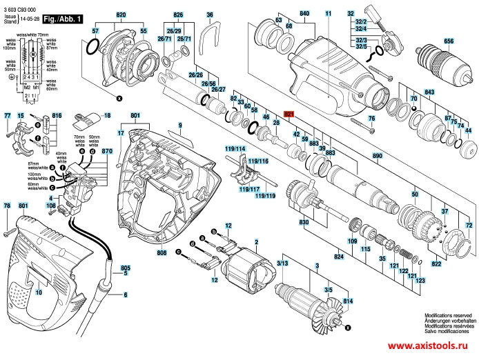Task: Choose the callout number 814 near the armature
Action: pos(347,301)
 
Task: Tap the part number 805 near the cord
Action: pos(125,267)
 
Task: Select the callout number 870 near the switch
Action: pos(106,151)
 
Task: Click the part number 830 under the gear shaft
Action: pos(303,223)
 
